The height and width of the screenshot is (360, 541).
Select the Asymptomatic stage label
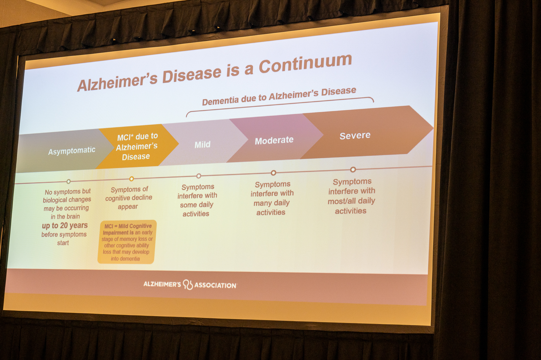pyautogui.click(x=72, y=151)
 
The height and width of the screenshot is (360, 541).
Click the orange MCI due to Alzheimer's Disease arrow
pyautogui.click(x=137, y=146)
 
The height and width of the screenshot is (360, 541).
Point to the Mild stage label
pyautogui.click(x=203, y=145)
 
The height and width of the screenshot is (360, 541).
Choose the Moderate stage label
pyautogui.click(x=274, y=140)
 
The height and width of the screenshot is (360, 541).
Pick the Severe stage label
pyautogui.click(x=355, y=136)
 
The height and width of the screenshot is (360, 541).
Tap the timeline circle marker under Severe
pyautogui.click(x=353, y=169)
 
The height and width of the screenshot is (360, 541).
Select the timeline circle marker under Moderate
pyautogui.click(x=273, y=173)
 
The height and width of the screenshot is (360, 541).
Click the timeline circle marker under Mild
pyautogui.click(x=199, y=176)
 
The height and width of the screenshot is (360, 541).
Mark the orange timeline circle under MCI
pyautogui.click(x=131, y=179)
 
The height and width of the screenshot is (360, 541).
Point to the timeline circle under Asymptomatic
pyautogui.click(x=69, y=182)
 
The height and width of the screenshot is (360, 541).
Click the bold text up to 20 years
pyautogui.click(x=65, y=225)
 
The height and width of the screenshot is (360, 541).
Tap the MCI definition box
pyautogui.click(x=127, y=242)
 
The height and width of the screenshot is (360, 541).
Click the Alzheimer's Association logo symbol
pyautogui.click(x=188, y=285)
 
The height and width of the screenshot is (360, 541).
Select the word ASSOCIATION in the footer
pyautogui.click(x=215, y=285)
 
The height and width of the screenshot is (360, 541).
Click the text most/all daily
pyautogui.click(x=351, y=201)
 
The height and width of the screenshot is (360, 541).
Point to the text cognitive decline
pyautogui.click(x=129, y=198)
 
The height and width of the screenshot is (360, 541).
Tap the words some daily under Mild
pyautogui.click(x=197, y=205)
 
